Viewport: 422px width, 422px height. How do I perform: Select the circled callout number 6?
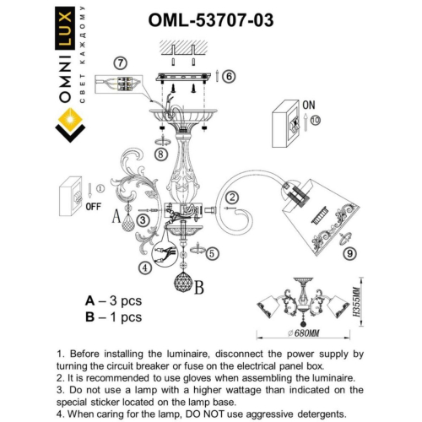click(230, 75)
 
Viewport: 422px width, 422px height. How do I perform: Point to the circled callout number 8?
click(160, 153)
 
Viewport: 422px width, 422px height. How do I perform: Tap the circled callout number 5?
click(212, 252)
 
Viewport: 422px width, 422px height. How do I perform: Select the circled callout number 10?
click(316, 121)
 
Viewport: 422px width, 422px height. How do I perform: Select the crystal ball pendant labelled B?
click(181, 280)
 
